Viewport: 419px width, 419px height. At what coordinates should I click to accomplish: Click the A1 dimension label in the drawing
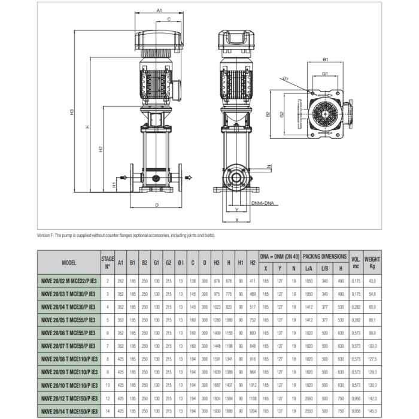pyautogui.click(x=159, y=10)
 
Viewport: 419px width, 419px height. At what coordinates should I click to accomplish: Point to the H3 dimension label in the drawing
pyautogui.click(x=71, y=112)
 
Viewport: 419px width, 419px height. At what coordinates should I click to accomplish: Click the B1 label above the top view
pyautogui.click(x=326, y=60)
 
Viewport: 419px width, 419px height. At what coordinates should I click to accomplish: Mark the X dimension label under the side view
pyautogui.click(x=238, y=220)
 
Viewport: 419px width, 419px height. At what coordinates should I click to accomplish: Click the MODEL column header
pyautogui.click(x=69, y=262)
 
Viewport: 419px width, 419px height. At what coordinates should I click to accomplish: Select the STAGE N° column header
pyautogui.click(x=108, y=262)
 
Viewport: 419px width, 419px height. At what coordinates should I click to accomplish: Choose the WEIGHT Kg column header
pyautogui.click(x=372, y=262)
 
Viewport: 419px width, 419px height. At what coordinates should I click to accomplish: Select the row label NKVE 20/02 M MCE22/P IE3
pyautogui.click(x=69, y=281)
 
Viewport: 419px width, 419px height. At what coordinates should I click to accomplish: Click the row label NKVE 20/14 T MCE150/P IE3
pyautogui.click(x=69, y=410)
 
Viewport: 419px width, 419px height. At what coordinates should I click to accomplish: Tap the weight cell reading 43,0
pyautogui.click(x=372, y=281)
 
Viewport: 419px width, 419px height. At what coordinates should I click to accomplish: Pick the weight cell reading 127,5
pyautogui.click(x=372, y=359)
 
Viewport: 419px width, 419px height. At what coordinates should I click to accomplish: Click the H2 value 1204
pyautogui.click(x=252, y=410)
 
